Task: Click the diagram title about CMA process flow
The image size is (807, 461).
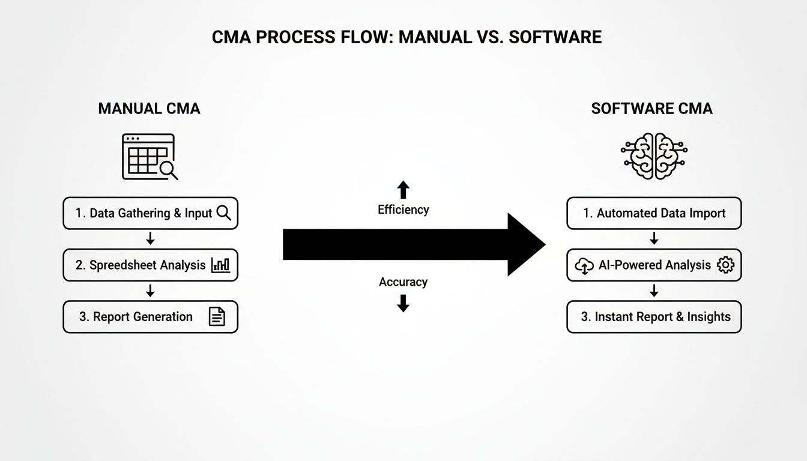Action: [407, 37]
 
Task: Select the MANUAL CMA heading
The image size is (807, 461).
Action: [149, 109]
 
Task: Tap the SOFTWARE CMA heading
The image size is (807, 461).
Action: [651, 109]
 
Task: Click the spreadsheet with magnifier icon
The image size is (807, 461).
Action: [150, 157]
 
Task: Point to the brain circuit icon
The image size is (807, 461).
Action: [654, 155]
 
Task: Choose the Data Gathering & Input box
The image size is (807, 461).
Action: [150, 213]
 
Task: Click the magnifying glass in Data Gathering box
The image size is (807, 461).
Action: [223, 213]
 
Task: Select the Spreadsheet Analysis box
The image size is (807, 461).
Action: [150, 265]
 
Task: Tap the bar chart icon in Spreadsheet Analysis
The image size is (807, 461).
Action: [220, 265]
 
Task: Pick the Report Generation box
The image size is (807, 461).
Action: [150, 317]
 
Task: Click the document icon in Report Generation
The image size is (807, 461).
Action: [216, 317]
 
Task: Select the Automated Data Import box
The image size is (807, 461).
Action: [654, 213]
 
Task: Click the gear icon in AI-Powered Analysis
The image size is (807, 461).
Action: [725, 265]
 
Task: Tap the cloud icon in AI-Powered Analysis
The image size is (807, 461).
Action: [584, 266]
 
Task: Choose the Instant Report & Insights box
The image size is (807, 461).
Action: [654, 317]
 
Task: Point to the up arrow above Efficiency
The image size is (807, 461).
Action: [403, 190]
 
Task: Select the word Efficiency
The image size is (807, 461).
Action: [403, 209]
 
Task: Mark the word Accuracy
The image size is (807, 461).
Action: [403, 282]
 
